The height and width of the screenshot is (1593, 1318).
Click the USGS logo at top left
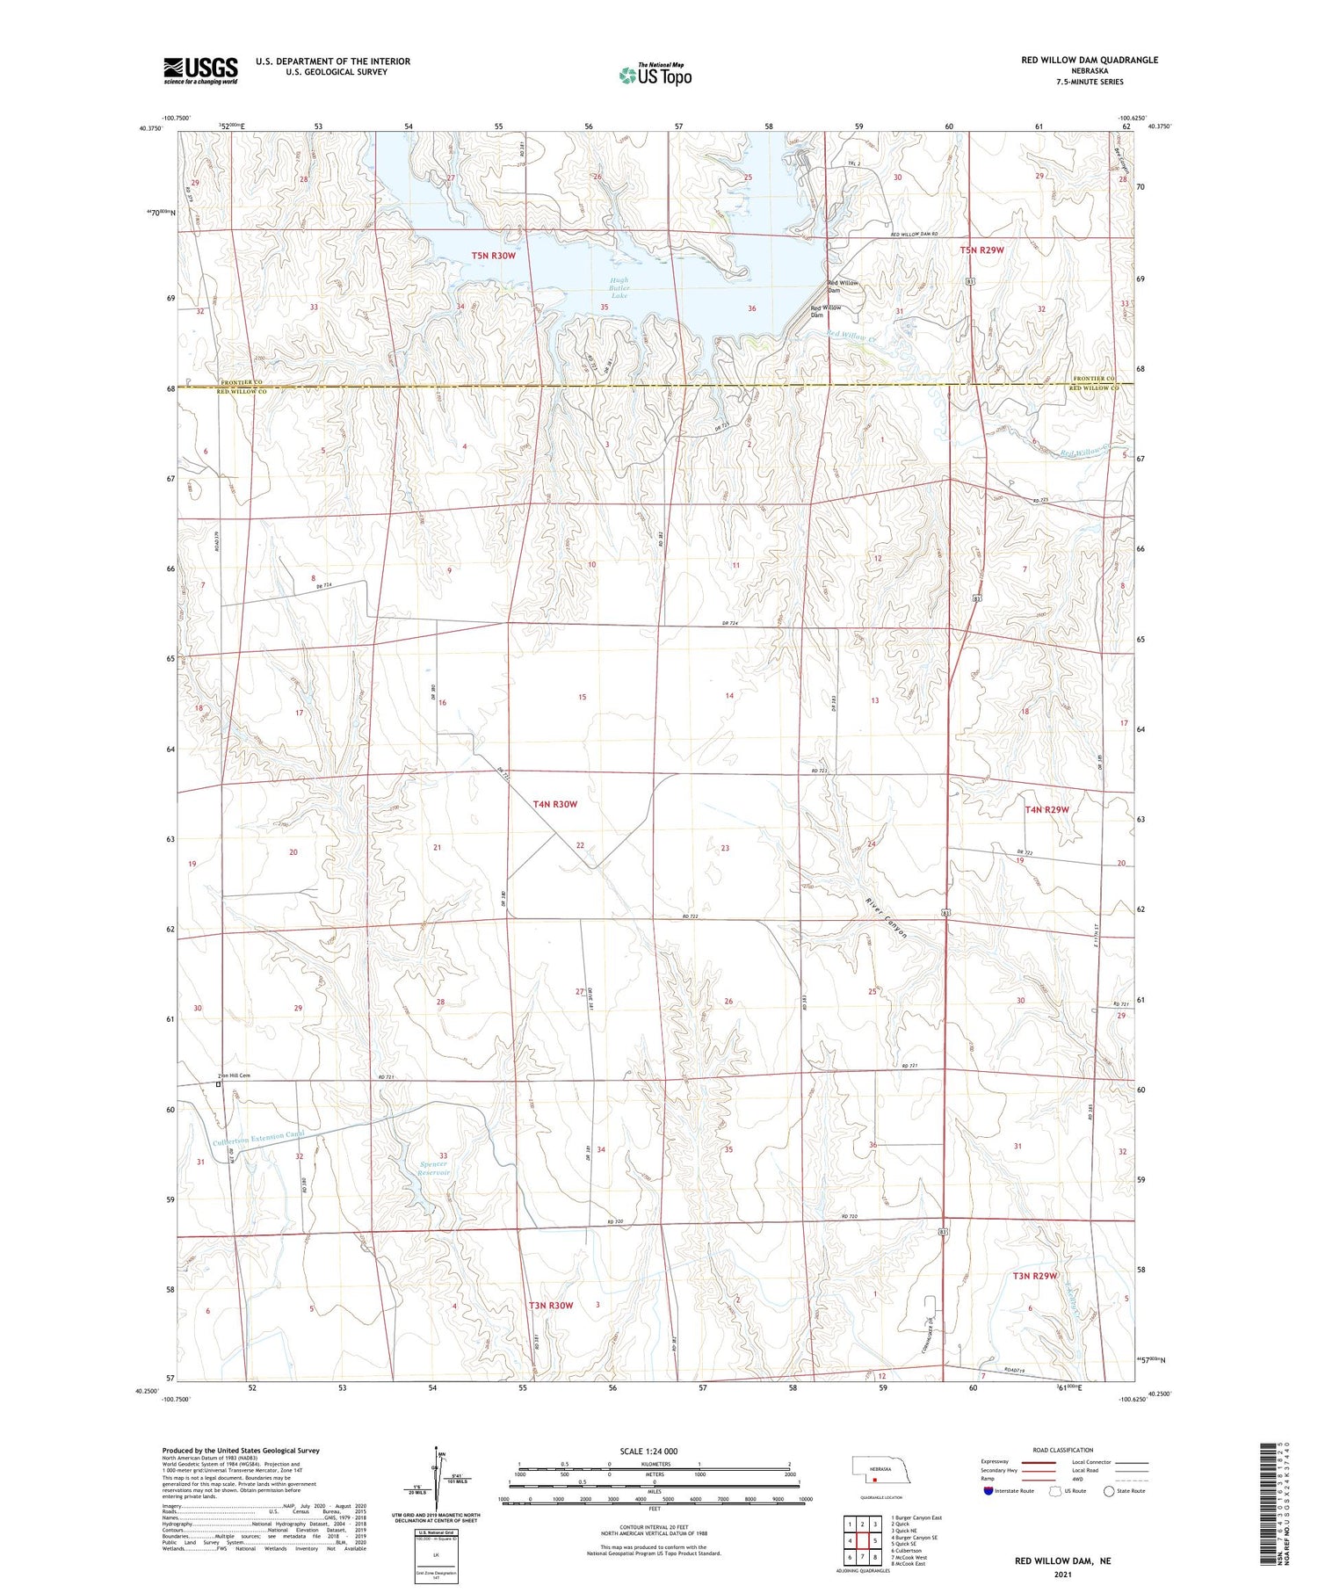200,70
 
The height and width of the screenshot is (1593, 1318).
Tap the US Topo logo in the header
655,76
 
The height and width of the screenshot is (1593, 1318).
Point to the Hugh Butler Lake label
619,288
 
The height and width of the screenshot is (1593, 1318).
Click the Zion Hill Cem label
235,1075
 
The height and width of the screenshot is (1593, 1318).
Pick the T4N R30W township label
555,804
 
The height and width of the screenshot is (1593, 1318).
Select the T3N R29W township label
1035,1275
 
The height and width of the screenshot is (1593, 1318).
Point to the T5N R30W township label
493,256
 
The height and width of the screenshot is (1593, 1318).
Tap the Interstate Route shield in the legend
988,1490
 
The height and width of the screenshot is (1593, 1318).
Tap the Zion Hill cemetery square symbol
219,1084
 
